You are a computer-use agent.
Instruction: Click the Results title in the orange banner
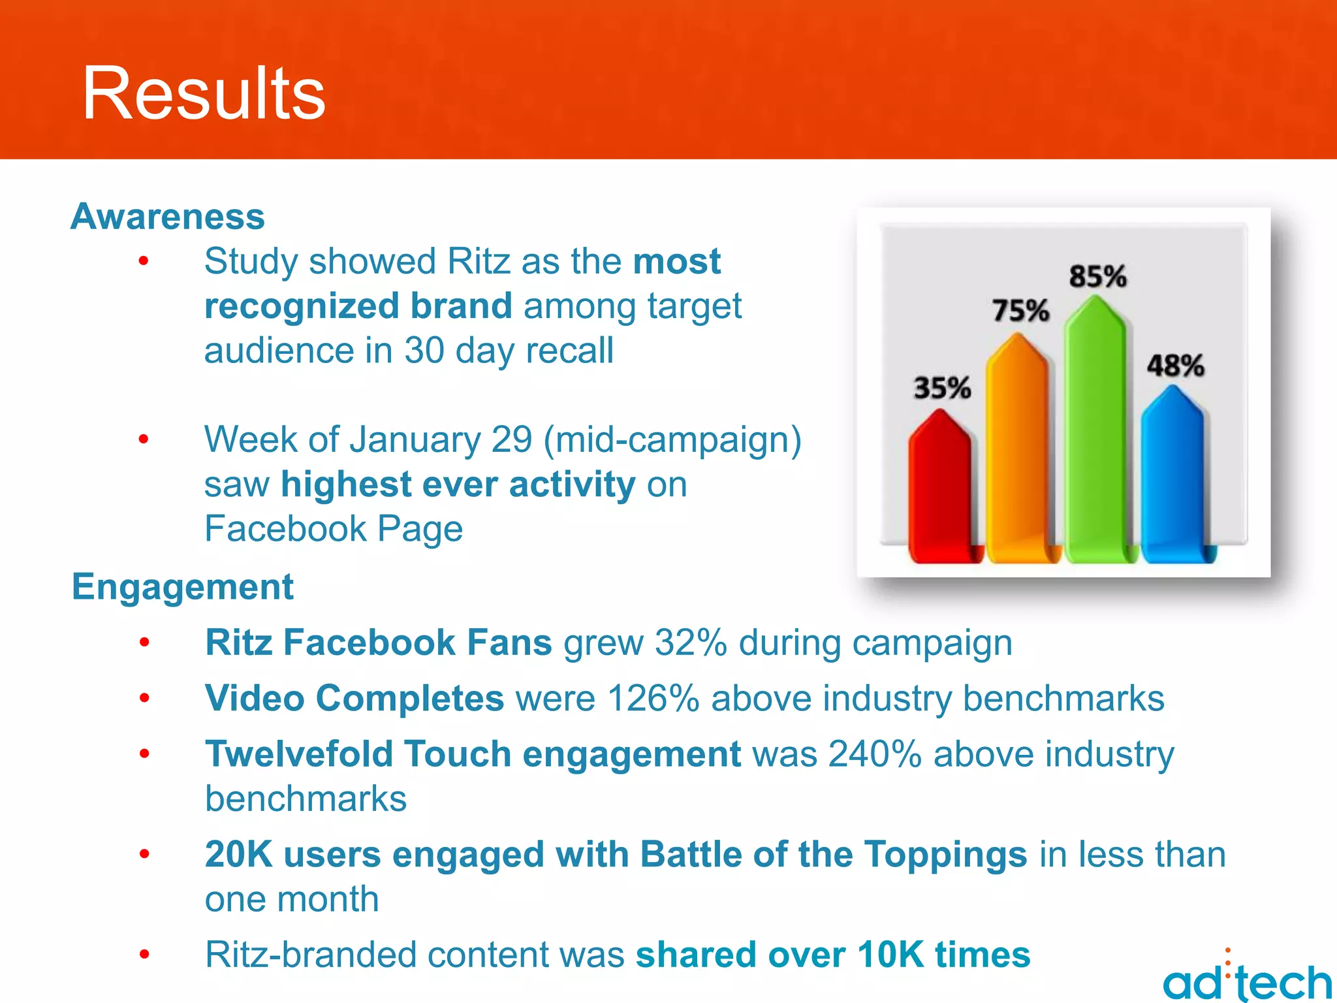point(204,93)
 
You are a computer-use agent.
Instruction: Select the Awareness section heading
point(168,216)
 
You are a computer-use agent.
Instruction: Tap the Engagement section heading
point(183,586)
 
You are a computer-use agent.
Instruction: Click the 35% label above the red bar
point(942,388)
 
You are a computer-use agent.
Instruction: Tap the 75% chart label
point(1020,310)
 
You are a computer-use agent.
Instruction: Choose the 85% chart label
point(1097,276)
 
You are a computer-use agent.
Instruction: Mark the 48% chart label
point(1175,366)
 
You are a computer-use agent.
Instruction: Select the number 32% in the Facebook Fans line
point(691,643)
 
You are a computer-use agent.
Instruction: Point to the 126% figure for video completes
point(653,698)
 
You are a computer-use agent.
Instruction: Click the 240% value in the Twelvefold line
point(875,754)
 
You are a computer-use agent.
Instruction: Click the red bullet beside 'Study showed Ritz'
point(144,262)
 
